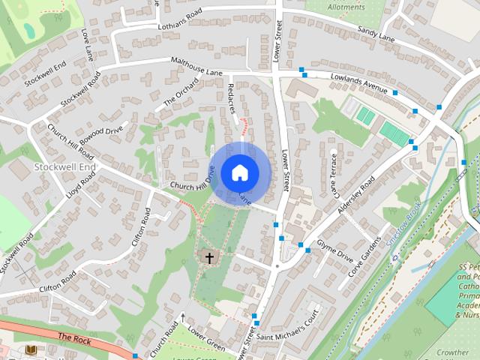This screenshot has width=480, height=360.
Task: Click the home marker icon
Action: pos(239,172)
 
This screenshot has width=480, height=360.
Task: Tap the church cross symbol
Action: pos(209,258)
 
